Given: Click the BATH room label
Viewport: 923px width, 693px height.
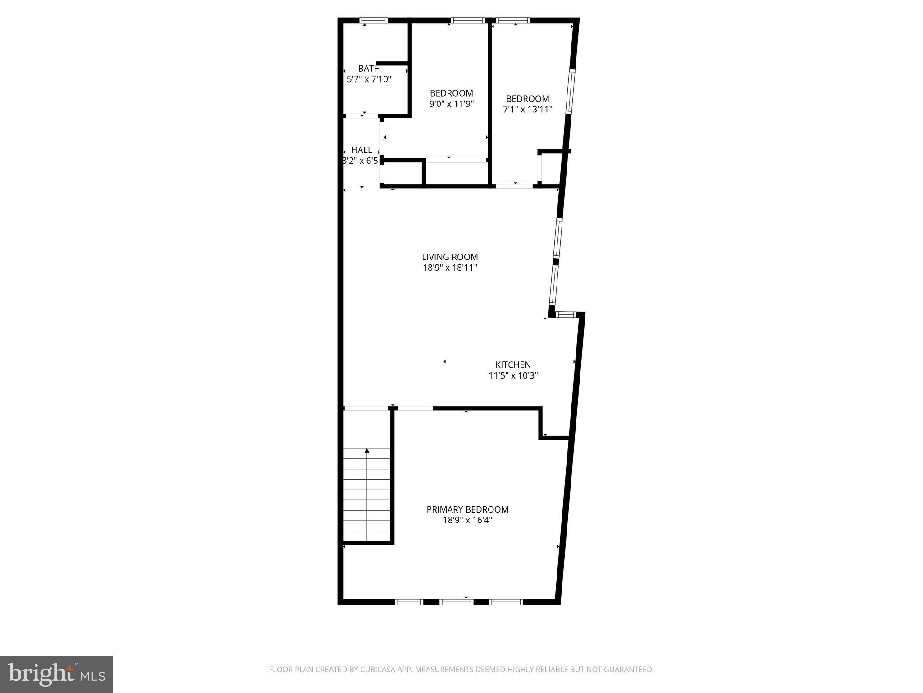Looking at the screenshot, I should (x=369, y=69).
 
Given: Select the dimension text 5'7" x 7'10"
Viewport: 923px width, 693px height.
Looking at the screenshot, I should (x=369, y=79).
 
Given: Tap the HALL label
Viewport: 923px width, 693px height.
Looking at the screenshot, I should (x=361, y=150).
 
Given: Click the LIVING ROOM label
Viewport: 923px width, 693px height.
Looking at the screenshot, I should (x=450, y=257).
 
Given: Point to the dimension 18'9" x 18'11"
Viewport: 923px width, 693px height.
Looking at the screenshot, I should (x=450, y=268).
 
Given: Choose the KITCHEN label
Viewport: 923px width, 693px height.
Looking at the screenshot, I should (x=513, y=365).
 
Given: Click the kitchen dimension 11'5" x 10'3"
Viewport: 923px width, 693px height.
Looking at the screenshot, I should (x=513, y=375).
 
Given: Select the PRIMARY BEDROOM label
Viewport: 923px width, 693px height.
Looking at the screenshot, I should (x=467, y=509).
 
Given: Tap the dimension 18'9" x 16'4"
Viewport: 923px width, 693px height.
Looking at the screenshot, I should (x=467, y=520).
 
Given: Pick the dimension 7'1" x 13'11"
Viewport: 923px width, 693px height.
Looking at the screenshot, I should (x=527, y=110).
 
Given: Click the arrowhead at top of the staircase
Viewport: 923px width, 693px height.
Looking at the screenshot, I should (x=367, y=451).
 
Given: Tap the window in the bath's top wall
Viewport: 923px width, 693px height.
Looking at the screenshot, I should (x=374, y=20).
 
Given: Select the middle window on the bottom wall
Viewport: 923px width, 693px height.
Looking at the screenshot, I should (x=456, y=602).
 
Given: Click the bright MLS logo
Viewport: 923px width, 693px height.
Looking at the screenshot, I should (x=56, y=674).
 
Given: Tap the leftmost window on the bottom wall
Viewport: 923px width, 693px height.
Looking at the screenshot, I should (x=409, y=602).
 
